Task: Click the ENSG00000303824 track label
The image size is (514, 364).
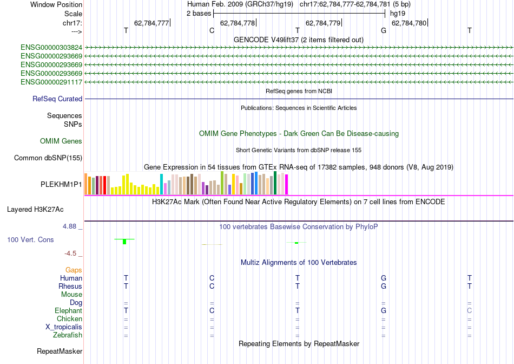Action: (x=51, y=48)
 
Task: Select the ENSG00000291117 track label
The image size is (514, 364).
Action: (x=51, y=82)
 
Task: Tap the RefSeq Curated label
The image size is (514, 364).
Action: (x=57, y=99)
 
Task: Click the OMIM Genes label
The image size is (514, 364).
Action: (x=61, y=141)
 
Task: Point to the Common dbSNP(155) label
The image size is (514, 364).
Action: (x=48, y=158)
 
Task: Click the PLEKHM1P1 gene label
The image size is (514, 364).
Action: (x=62, y=184)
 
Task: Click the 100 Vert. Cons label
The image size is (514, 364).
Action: (x=30, y=239)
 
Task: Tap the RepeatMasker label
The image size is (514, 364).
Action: (x=60, y=352)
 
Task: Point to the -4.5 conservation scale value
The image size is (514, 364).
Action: (x=73, y=253)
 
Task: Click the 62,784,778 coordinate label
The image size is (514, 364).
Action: (x=238, y=23)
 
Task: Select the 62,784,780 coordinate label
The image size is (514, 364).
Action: (x=409, y=23)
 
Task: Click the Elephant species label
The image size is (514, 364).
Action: (x=69, y=311)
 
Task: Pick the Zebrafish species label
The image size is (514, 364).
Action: (x=67, y=335)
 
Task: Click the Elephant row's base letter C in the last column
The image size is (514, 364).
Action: (x=470, y=311)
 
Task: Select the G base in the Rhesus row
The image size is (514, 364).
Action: (x=384, y=286)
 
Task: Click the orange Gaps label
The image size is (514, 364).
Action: (x=74, y=270)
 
